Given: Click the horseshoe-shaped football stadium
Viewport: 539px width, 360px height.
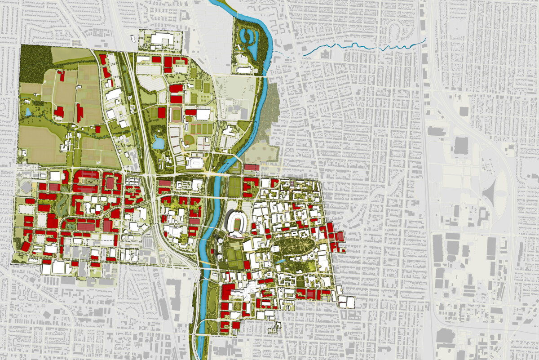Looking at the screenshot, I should point(237,222).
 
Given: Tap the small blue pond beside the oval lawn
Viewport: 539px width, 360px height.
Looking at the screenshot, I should point(280,261).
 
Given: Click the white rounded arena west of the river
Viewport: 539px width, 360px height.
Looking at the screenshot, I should point(196,162).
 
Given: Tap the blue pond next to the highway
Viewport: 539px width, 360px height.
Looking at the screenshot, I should point(158,143).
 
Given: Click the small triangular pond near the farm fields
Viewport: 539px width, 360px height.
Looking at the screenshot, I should point(28,111).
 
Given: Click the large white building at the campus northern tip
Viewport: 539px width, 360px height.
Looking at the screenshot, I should point(162,40).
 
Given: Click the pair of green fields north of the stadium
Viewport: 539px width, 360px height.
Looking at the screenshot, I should point(235,187).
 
